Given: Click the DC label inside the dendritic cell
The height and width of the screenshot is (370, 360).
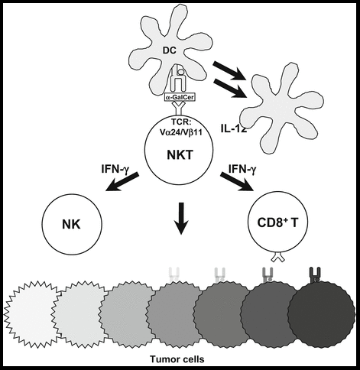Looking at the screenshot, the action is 170,50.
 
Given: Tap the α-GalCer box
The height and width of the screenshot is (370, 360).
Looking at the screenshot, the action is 180,97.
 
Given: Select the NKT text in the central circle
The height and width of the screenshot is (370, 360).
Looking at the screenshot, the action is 180,154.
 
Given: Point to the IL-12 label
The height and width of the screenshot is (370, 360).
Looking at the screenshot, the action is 234,128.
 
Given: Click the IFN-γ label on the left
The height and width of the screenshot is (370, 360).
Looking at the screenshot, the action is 114,170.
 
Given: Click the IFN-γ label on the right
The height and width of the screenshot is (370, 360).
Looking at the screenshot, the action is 242,169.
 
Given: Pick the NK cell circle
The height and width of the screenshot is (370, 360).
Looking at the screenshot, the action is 72,224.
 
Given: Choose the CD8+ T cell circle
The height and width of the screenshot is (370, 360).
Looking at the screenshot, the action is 278,222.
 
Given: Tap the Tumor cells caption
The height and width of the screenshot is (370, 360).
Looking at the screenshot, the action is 177,359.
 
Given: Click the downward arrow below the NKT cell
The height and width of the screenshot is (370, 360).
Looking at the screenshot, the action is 181,218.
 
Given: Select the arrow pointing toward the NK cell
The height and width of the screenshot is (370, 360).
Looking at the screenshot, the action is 122,182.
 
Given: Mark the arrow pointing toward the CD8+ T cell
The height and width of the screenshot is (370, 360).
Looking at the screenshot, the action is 238,181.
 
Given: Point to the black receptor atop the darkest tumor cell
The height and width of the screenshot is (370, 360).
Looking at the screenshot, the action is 315,274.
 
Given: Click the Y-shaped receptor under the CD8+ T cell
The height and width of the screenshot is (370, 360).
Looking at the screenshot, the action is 277,257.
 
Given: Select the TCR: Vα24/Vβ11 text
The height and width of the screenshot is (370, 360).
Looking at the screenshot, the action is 180,128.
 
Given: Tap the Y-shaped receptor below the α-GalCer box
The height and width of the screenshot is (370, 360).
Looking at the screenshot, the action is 180,108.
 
